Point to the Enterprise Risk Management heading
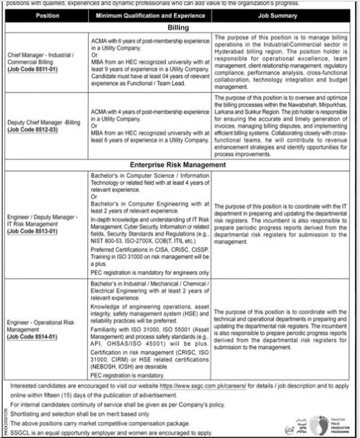(181, 165)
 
